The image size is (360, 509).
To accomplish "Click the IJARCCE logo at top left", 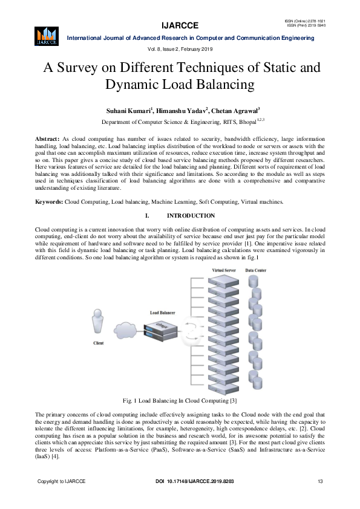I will [x=47, y=36].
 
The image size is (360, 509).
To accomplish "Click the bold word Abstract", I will [x=47, y=139].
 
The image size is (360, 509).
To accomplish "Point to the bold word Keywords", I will [x=49, y=201].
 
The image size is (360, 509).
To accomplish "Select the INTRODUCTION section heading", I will [x=191, y=216].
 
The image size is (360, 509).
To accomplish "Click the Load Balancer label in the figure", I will [x=163, y=313].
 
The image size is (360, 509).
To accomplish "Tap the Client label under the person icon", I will [x=98, y=343].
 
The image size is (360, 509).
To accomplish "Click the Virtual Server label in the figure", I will [x=224, y=270].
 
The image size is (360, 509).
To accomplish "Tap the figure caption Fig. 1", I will [x=180, y=400].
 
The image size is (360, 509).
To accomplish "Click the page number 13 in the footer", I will [x=320, y=481].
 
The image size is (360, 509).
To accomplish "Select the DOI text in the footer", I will [x=190, y=481].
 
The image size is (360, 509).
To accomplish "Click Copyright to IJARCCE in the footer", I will [x=62, y=481].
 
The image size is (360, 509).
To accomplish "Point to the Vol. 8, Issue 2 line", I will [x=180, y=48].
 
